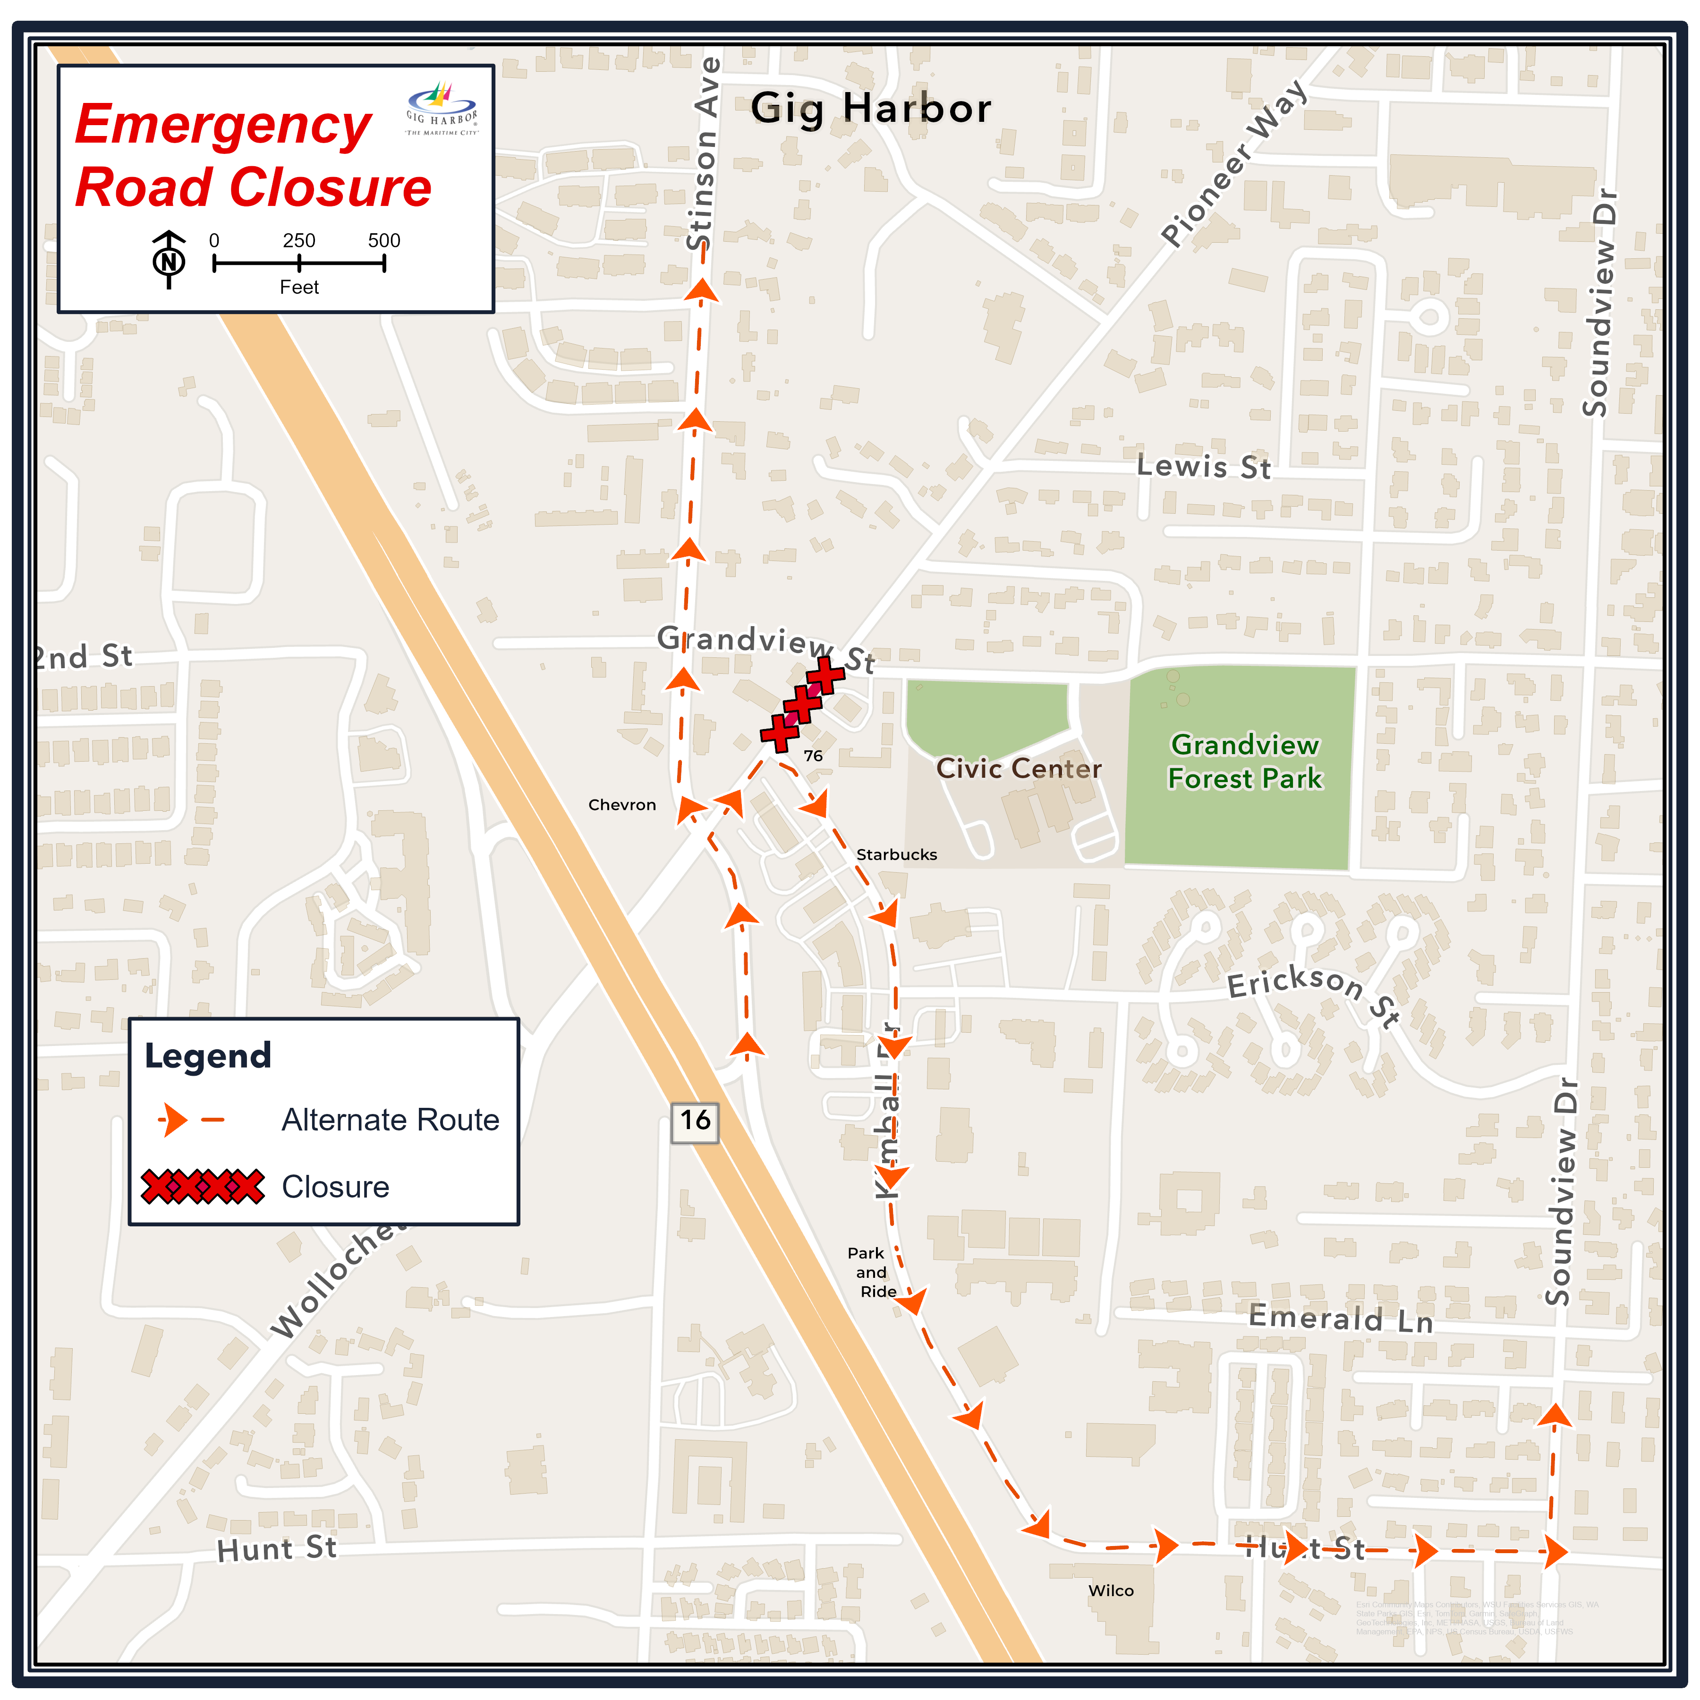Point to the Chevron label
coord(622,805)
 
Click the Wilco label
coord(1111,1591)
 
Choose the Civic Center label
coord(1018,769)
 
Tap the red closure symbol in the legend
coord(203,1186)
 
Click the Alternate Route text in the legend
coord(390,1120)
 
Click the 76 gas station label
coord(813,756)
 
